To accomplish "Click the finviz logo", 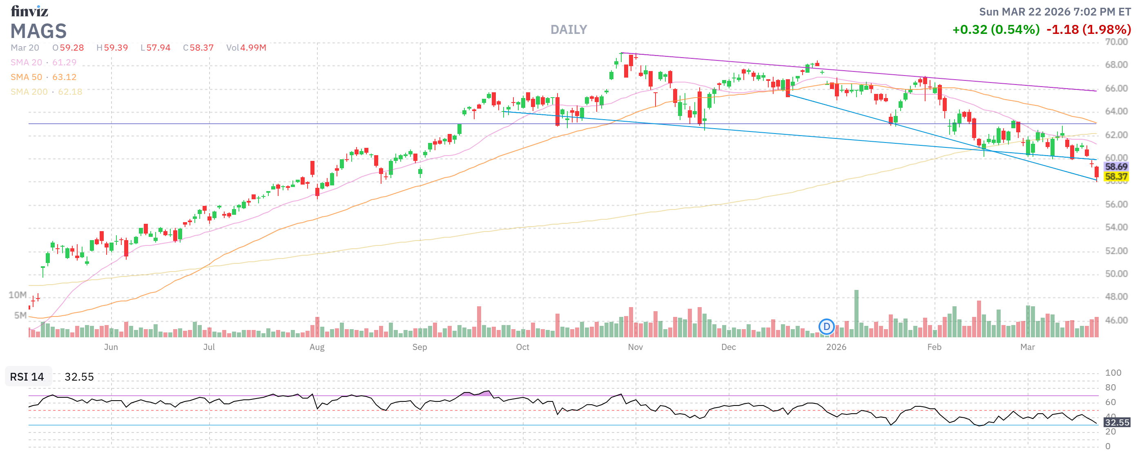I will (29, 11).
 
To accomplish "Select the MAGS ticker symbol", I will (38, 31).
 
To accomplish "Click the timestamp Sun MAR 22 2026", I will (1055, 11).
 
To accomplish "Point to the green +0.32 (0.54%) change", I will (996, 30).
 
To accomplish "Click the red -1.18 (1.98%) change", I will (1088, 30).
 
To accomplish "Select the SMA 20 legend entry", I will (43, 62).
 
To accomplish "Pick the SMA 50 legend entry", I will (43, 77).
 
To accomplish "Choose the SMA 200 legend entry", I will (46, 92).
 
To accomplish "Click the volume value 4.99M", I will (253, 47).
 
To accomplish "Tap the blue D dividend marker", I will (826, 327).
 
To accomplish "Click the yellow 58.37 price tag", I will (1115, 177).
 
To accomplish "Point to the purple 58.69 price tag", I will (1115, 167).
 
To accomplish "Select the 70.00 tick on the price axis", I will (1116, 42).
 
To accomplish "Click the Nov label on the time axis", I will (635, 347).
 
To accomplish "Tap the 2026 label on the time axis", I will (836, 347).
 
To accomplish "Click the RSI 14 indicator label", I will (27, 377).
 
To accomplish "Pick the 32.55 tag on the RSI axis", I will (1117, 422).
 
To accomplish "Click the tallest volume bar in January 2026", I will (856, 314).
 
